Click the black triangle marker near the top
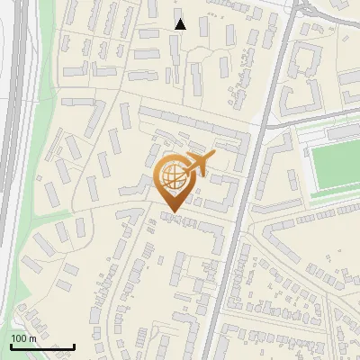tap(181, 24)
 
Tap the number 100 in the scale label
tap(18, 337)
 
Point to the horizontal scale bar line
tap(41, 346)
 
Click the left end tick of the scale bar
tap(10, 345)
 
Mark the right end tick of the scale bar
tap(74, 345)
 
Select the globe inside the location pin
tap(172, 175)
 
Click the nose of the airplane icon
tap(214, 157)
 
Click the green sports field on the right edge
tap(335, 166)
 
